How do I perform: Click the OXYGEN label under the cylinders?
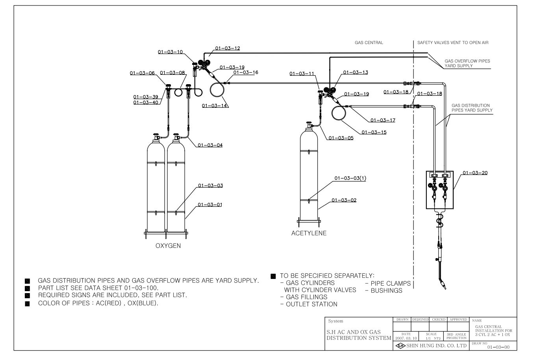click(168, 246)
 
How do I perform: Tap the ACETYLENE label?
click(309, 233)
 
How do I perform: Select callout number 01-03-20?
click(475, 173)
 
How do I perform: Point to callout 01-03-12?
click(228, 48)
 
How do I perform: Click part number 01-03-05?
click(341, 138)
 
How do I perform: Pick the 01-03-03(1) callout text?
click(350, 178)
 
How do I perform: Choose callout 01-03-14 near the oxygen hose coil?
click(215, 106)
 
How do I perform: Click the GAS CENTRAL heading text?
click(369, 43)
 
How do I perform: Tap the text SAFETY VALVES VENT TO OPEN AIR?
click(453, 43)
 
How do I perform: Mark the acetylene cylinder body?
click(309, 176)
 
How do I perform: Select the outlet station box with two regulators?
click(439, 190)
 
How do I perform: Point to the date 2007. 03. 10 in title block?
click(406, 338)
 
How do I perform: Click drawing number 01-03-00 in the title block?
click(498, 347)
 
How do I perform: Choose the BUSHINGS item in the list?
click(386, 290)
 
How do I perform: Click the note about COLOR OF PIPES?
click(98, 303)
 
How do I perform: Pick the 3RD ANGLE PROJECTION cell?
click(456, 336)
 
